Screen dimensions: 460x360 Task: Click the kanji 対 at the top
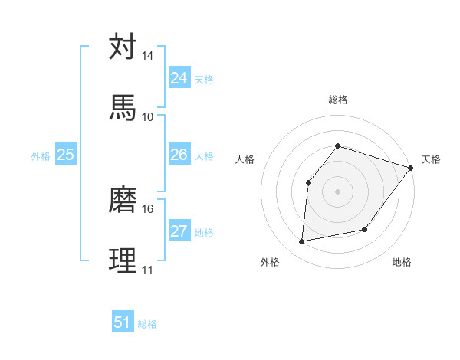click(123, 47)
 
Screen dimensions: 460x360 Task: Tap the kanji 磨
click(123, 200)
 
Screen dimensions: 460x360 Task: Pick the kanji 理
click(123, 259)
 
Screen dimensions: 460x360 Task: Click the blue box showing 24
click(179, 78)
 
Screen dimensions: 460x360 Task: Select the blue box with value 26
click(179, 155)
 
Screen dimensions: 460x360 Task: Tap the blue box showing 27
click(179, 231)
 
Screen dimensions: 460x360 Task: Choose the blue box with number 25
click(65, 155)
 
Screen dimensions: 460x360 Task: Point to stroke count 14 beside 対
click(147, 57)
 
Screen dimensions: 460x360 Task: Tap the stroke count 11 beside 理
click(147, 270)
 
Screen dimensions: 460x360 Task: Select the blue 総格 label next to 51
click(147, 324)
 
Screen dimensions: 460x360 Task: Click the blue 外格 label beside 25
click(41, 156)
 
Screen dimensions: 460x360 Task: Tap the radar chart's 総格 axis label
click(337, 100)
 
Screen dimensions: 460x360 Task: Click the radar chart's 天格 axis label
click(431, 159)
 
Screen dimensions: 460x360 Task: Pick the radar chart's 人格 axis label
click(245, 159)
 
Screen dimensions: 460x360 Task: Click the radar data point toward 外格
click(302, 242)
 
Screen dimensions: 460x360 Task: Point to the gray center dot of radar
click(337, 191)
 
